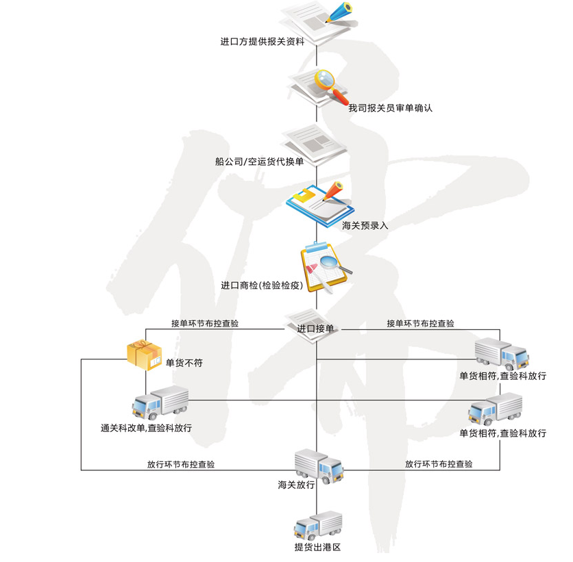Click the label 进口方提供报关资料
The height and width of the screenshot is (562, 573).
(x=262, y=42)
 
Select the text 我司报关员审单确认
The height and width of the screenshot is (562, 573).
(x=391, y=108)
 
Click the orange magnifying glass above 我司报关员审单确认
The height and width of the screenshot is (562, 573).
(x=327, y=82)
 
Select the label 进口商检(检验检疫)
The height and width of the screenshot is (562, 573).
(x=262, y=285)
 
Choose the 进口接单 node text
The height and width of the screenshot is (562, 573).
(x=316, y=329)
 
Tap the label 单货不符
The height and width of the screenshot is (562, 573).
(x=184, y=363)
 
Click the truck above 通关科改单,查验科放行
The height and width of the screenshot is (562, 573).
(x=160, y=403)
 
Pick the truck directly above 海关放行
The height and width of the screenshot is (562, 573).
(x=318, y=465)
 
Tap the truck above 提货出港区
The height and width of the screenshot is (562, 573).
(x=317, y=525)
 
